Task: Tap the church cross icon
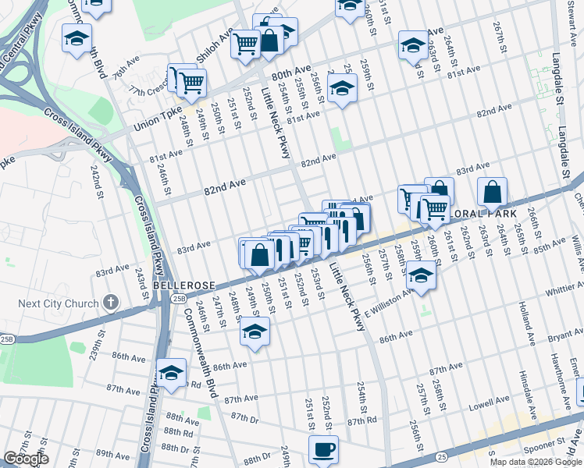click(x=111, y=302)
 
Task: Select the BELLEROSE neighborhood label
click(x=179, y=286)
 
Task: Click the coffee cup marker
click(x=323, y=449)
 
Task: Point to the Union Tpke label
click(x=155, y=123)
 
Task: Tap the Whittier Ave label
click(x=562, y=290)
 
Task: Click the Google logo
click(x=26, y=459)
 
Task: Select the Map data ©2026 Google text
click(x=536, y=462)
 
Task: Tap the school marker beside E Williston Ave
click(x=420, y=276)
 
